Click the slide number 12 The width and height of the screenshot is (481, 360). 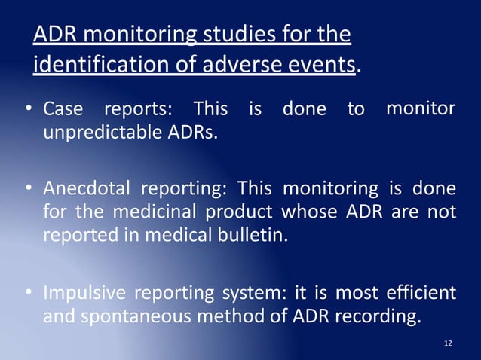(449, 343)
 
